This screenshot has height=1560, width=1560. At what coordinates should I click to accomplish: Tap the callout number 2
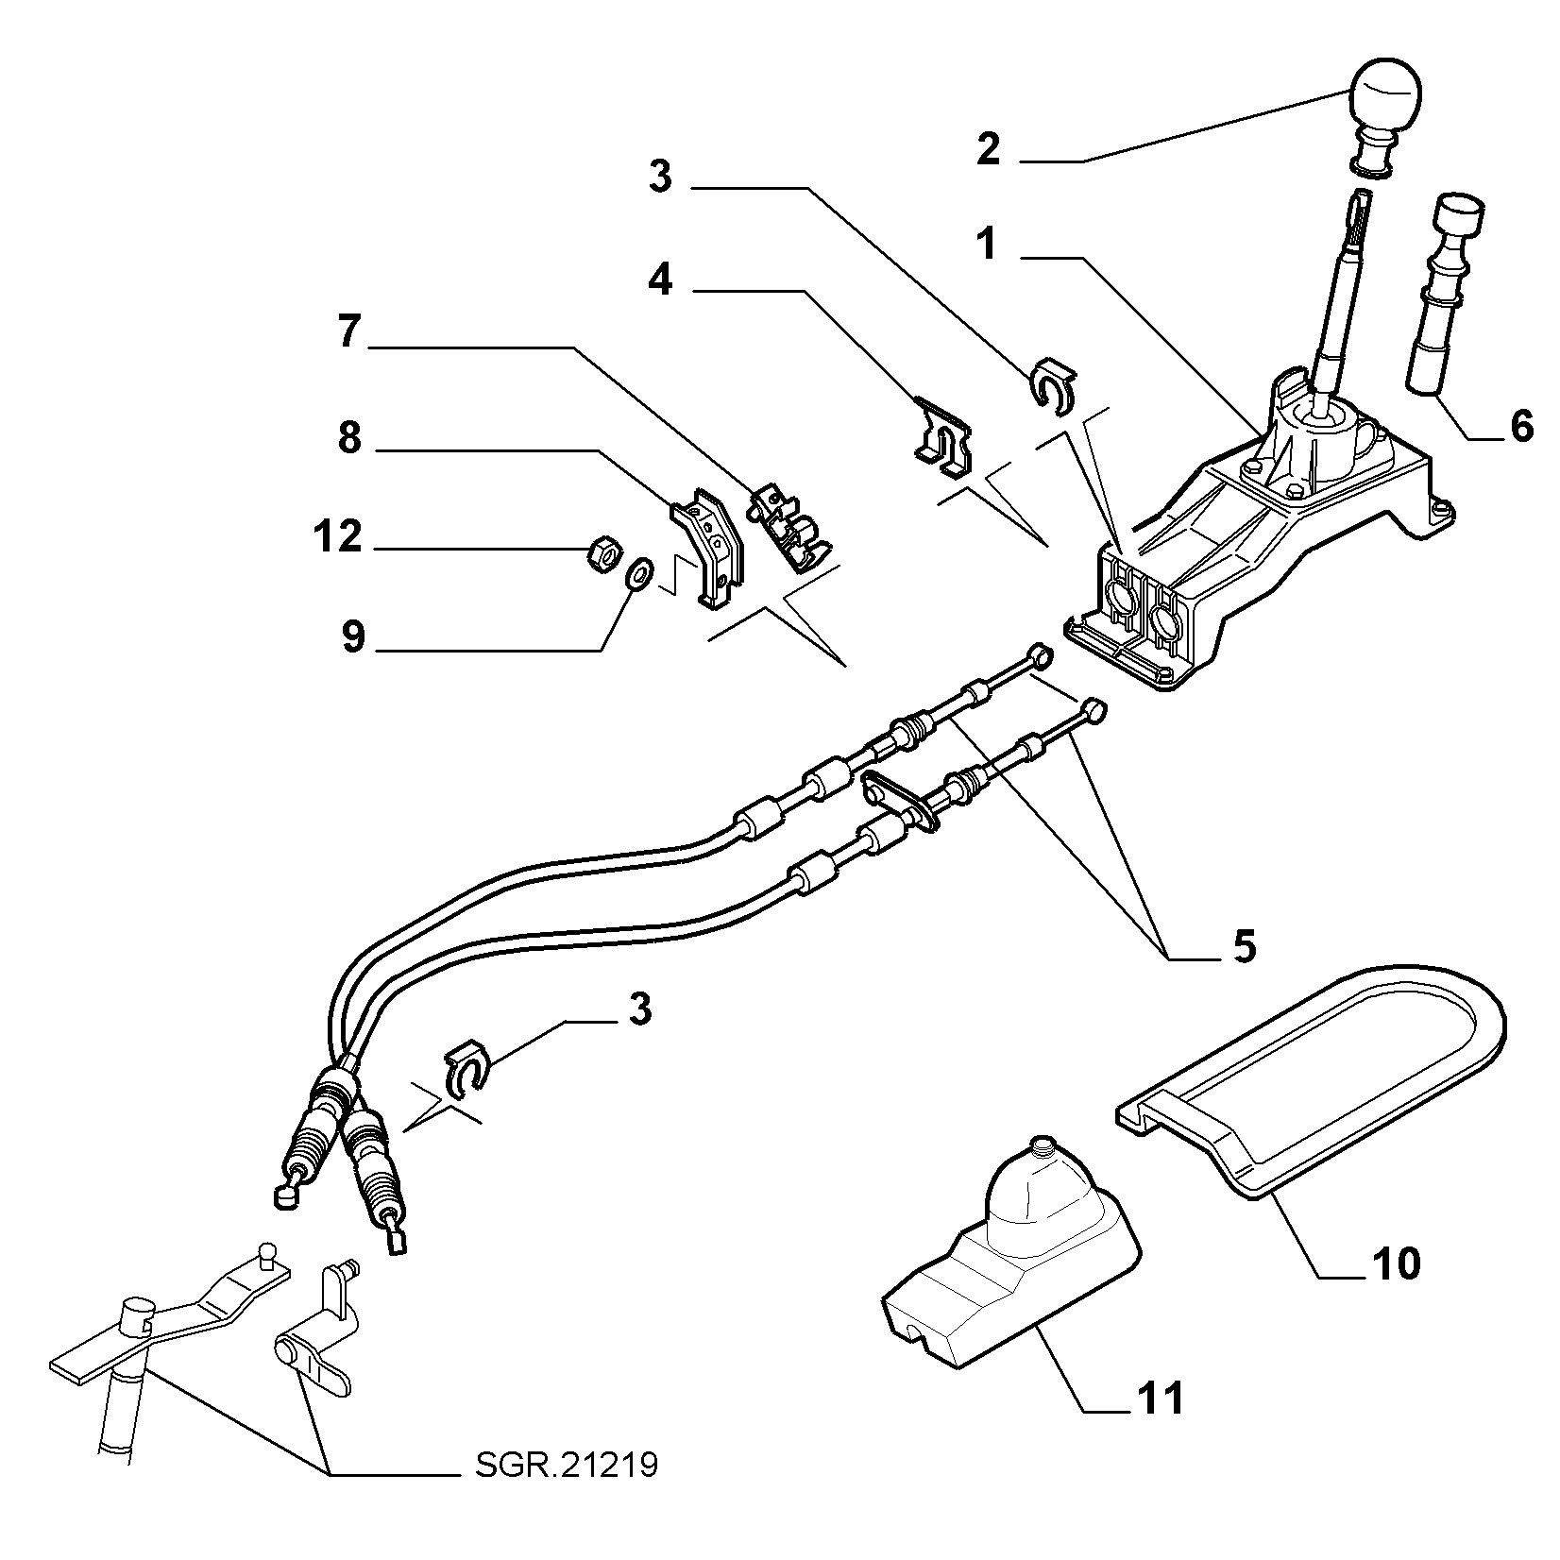pos(988,149)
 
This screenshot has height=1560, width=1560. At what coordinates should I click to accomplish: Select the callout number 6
pos(1521,427)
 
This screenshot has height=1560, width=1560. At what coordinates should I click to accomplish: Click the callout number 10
pos(1394,1263)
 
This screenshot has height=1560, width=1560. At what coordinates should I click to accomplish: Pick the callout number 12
pos(337,536)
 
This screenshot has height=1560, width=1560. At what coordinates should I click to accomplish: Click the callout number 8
pos(349,438)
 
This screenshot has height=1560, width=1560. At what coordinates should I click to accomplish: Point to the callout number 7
pos(349,333)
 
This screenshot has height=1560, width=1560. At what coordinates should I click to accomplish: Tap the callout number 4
pos(660,280)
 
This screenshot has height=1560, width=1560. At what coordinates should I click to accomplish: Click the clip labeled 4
pos(944,437)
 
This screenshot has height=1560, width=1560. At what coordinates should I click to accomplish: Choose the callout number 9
pos(352,636)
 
